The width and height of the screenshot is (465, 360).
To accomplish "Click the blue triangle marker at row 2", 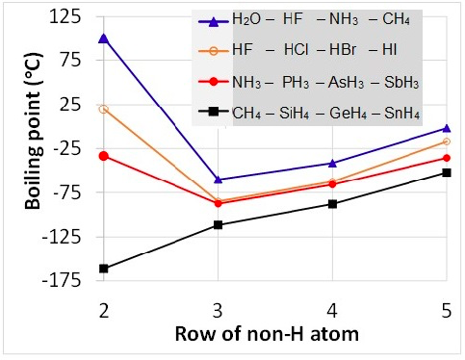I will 103,38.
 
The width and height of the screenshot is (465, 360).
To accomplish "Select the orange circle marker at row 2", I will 103,109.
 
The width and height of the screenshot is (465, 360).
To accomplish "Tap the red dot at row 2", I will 103,156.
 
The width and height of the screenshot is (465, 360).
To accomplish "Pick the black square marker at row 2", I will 103,269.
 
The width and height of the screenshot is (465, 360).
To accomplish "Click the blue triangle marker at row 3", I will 218,179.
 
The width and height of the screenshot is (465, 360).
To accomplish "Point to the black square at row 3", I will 218,225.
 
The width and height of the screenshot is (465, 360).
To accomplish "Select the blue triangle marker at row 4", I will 332,163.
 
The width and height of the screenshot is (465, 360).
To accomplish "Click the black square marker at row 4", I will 332,204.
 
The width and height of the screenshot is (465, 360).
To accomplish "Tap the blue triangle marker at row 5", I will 446,127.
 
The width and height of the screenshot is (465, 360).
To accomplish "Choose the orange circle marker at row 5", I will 446,141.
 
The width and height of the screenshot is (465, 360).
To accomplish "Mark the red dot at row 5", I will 446,158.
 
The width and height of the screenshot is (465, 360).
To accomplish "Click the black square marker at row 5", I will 446,172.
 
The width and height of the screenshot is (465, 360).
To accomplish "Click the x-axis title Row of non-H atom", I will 274,336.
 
